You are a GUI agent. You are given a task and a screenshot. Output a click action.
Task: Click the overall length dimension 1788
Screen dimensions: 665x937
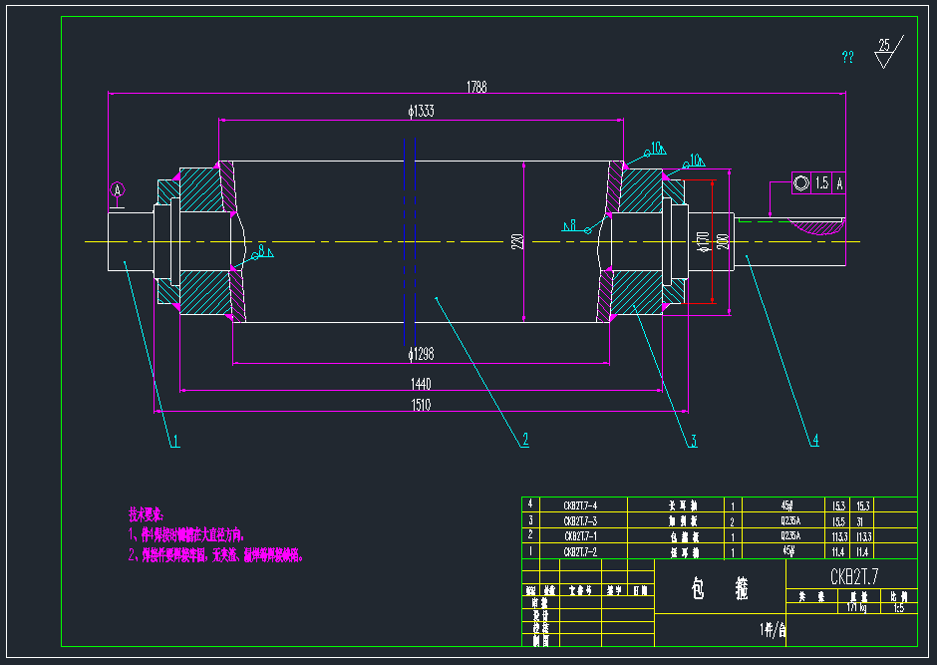tap(476, 88)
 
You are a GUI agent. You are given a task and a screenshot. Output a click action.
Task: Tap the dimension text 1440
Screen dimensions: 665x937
tap(421, 384)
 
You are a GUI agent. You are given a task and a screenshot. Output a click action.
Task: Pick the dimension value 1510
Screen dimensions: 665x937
tap(421, 404)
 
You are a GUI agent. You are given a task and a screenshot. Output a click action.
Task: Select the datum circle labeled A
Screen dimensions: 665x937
tap(118, 189)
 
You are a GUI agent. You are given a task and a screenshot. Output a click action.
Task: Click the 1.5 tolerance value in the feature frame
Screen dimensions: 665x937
tap(821, 183)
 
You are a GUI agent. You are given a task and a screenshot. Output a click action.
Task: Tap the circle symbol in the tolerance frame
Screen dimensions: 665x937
tap(801, 183)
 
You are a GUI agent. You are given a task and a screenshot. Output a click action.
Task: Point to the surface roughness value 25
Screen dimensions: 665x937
tap(883, 45)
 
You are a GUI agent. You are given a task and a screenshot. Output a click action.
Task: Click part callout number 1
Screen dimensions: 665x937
tap(174, 440)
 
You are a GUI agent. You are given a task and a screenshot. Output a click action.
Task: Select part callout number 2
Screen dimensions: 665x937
tap(524, 440)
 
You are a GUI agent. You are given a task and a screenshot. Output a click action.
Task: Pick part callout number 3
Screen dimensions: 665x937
tap(692, 440)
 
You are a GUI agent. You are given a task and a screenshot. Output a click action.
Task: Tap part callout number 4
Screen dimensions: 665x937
tap(814, 440)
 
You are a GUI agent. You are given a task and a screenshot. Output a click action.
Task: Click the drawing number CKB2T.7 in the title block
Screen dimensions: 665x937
tap(852, 576)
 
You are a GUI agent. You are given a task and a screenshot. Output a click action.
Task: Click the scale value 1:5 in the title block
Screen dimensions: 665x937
tap(898, 606)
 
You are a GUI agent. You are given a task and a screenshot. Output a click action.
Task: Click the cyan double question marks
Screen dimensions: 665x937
tap(847, 58)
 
